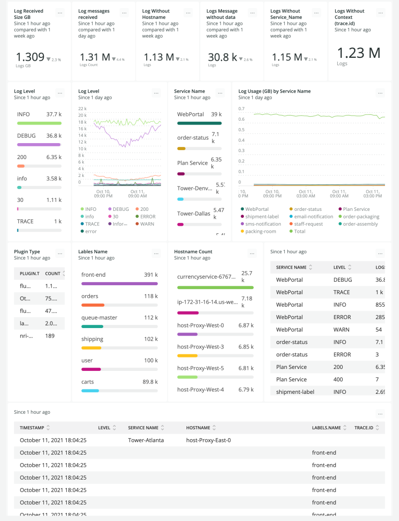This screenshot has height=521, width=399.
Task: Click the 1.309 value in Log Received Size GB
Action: click(30, 57)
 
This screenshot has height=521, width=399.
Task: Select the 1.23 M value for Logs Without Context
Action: click(359, 53)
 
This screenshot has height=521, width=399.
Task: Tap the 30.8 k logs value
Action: click(222, 57)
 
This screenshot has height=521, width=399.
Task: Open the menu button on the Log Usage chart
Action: click(381, 93)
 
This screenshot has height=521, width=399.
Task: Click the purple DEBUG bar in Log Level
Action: click(39, 144)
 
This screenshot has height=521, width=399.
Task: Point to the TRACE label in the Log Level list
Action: click(25, 221)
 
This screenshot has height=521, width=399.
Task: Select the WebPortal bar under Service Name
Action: click(199, 123)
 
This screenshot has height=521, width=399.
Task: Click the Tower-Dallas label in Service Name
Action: click(194, 214)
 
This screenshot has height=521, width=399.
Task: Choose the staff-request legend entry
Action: click(308, 224)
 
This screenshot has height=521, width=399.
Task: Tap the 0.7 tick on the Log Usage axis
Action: click(242, 108)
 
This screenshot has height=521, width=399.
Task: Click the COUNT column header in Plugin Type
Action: click(52, 273)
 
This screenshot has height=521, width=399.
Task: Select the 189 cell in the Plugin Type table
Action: click(50, 336)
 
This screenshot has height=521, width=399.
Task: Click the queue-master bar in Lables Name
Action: click(92, 326)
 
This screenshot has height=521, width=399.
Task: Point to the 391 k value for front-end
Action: click(151, 275)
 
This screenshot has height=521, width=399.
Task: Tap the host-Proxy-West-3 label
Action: click(200, 347)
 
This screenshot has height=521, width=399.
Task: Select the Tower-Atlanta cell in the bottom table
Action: click(146, 440)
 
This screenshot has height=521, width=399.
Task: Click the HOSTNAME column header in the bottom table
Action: click(198, 428)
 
